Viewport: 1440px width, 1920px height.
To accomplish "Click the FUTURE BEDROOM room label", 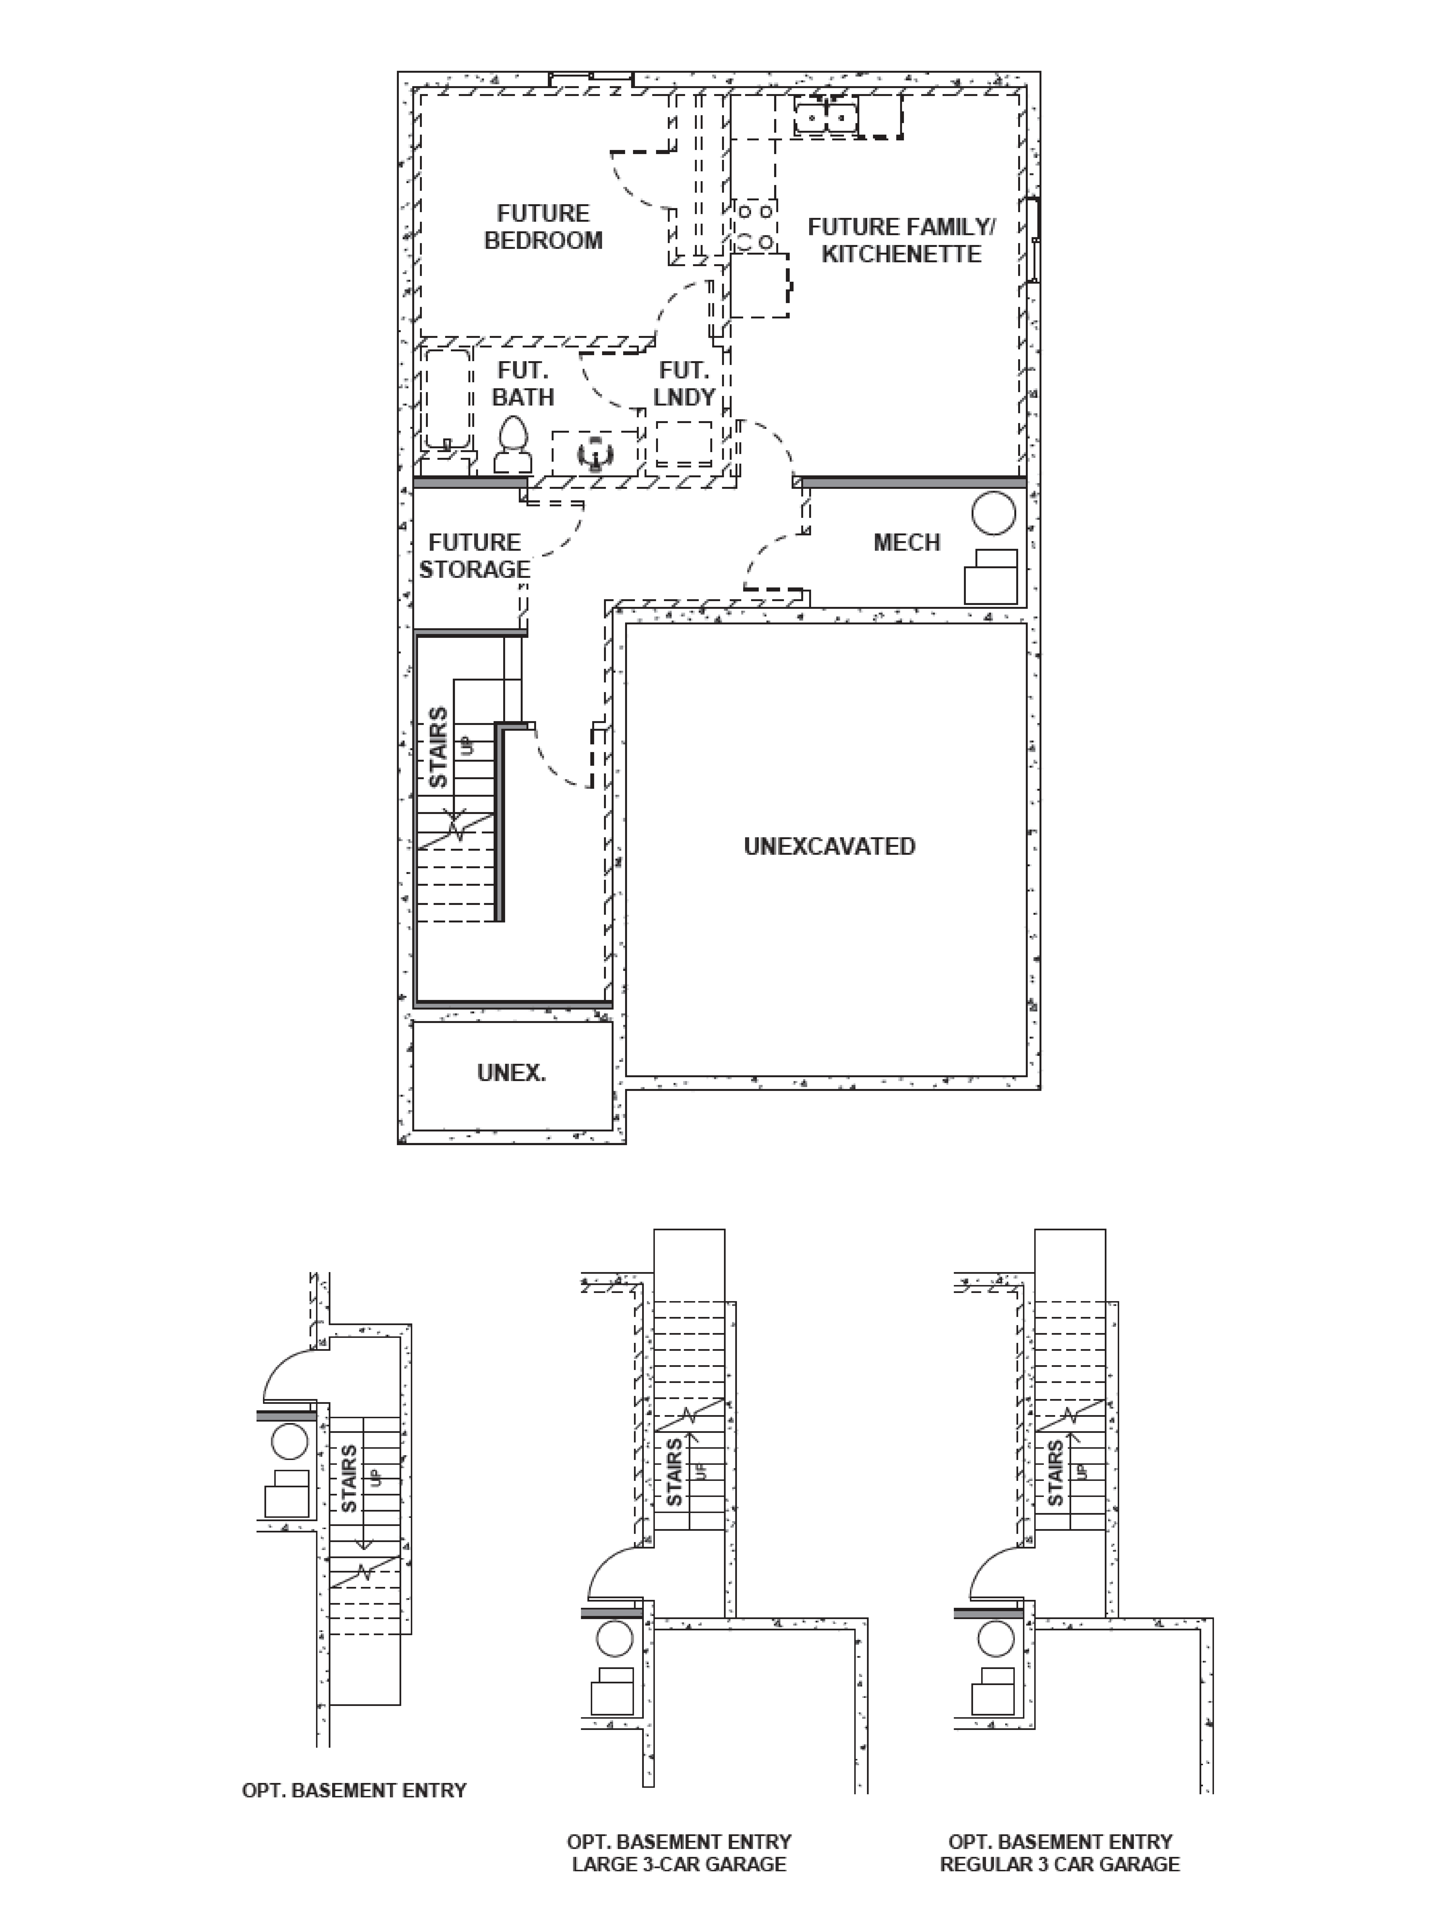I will coord(543,227).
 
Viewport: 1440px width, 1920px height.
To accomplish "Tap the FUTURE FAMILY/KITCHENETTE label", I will coord(901,240).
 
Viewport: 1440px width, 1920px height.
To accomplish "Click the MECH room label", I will coord(906,543).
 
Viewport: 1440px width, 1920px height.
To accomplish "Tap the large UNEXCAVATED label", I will coord(829,846).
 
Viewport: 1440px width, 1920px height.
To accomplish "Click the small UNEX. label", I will coord(511,1073).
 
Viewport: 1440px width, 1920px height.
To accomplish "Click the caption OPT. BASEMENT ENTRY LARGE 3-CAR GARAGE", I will coord(679,1852).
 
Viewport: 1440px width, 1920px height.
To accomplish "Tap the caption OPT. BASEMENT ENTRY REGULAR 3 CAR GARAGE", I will coord(1060,1852).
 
